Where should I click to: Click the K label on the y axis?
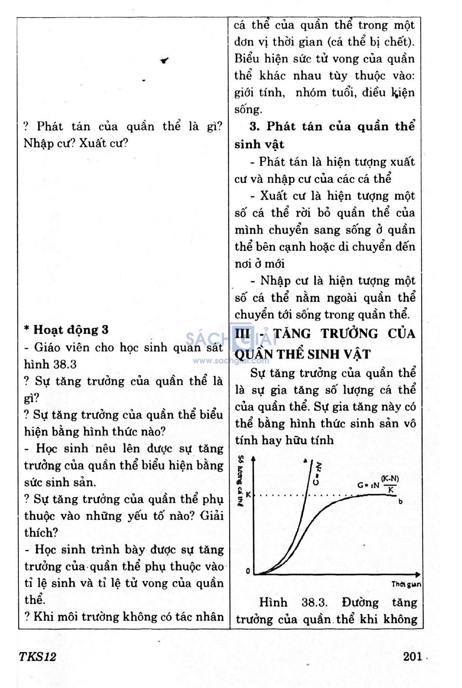[248, 495]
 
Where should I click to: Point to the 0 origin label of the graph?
[248, 571]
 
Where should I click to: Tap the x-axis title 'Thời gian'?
[406, 585]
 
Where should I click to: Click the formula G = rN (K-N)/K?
[378, 484]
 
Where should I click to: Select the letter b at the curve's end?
[401, 501]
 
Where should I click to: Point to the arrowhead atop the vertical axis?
[254, 459]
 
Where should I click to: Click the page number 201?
[412, 656]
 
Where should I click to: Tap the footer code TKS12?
[37, 656]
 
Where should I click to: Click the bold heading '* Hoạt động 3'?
[66, 330]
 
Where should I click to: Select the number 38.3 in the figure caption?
[314, 603]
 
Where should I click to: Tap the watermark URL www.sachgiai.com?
[231, 361]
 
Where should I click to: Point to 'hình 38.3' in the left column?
[50, 364]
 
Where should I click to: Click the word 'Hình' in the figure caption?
[273, 603]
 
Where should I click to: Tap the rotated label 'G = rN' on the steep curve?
[317, 473]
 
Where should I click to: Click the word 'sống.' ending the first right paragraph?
[248, 110]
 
